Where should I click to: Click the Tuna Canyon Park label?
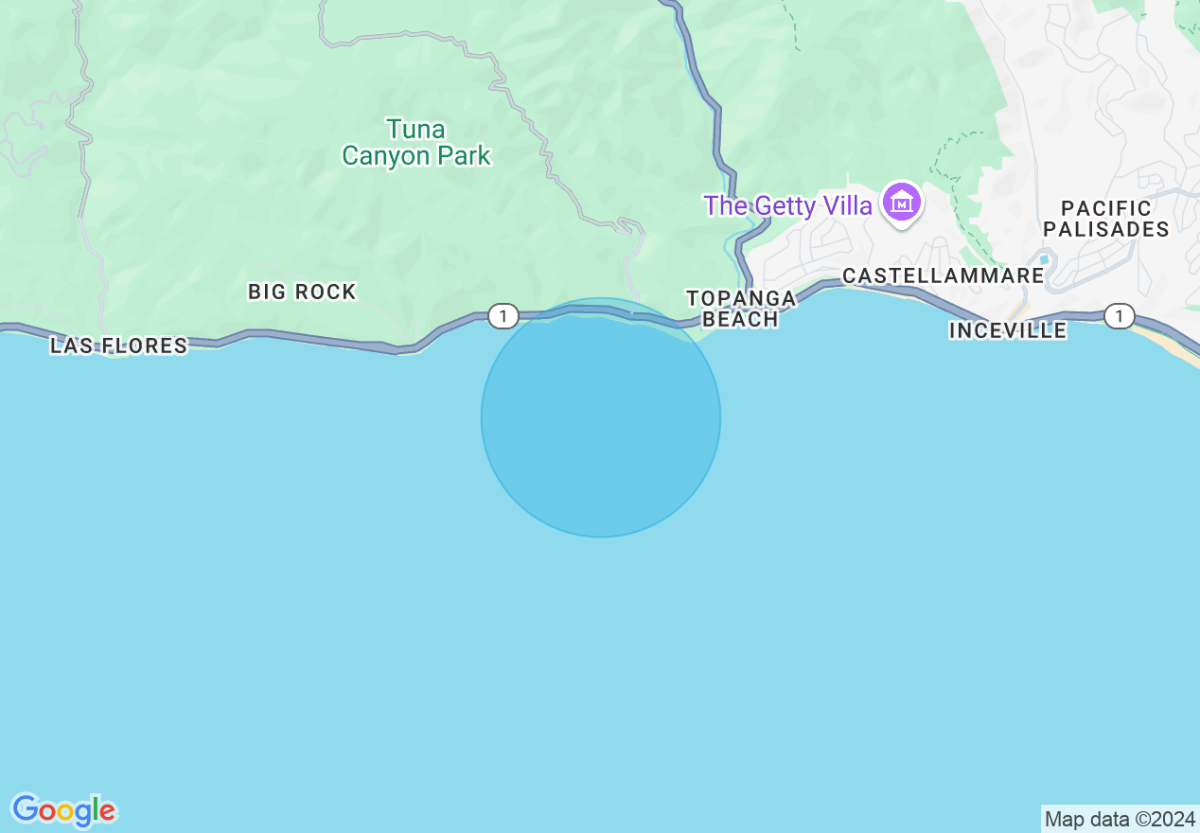416,142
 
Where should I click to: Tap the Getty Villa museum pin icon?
902,204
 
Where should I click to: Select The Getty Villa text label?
787,205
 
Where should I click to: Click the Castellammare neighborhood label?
944,275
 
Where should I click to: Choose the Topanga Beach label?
741,309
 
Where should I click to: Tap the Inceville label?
1008,330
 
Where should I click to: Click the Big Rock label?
302,292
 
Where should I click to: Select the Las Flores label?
119,346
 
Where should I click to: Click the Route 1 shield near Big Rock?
503,316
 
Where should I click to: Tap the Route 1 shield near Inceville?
1119,315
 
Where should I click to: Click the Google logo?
64,810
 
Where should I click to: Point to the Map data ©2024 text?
1120,819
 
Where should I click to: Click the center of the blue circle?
601,417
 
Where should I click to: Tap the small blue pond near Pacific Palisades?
1044,259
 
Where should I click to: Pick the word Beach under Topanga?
741,319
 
